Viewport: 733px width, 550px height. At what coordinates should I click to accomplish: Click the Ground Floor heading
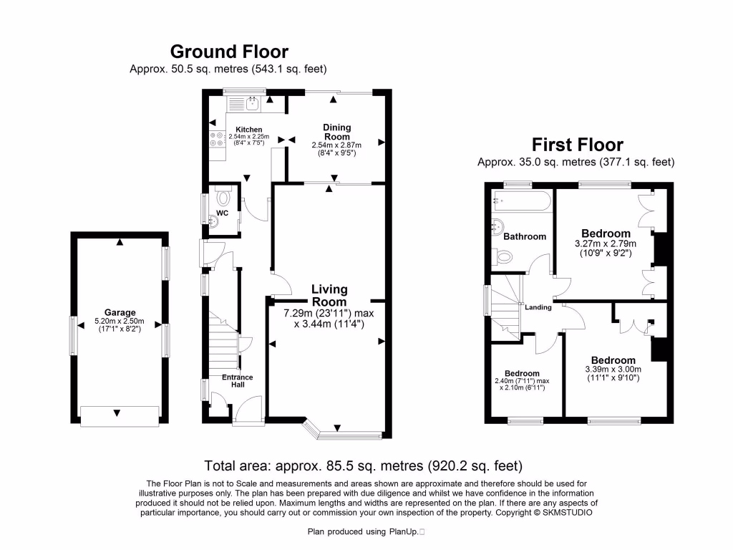(x=229, y=52)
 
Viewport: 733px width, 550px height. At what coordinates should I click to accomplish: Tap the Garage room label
(x=120, y=313)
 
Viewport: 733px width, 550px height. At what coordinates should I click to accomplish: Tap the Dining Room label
(x=336, y=132)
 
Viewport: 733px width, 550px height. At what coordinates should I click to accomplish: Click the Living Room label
(x=329, y=295)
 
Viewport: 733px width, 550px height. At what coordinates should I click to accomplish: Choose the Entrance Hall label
(x=237, y=381)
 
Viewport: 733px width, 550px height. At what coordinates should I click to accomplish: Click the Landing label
(x=538, y=307)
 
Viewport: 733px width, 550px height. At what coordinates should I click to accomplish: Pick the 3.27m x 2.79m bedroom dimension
(x=606, y=249)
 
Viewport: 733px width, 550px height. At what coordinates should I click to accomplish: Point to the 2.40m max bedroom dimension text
(x=522, y=385)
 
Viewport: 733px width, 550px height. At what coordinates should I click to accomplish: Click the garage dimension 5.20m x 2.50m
(x=120, y=325)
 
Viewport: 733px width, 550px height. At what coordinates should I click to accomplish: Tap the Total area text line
(x=363, y=465)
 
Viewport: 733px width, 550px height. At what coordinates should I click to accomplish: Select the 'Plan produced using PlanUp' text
(x=364, y=531)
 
